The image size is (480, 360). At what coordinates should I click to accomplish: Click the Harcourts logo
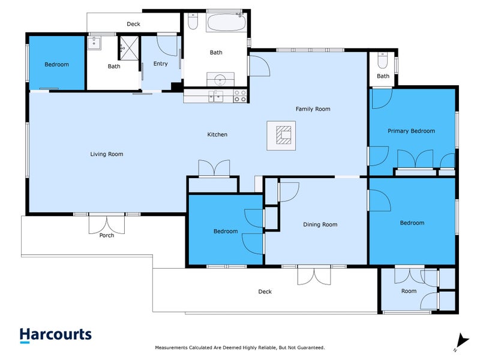56,335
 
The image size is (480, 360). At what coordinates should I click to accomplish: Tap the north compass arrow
462,341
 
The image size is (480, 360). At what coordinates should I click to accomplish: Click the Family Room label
313,109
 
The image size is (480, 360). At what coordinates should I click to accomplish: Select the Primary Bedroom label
411,131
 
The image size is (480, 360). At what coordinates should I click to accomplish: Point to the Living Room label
107,154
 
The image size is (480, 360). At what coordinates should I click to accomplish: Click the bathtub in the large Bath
226,22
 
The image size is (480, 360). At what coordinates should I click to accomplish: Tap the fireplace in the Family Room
281,136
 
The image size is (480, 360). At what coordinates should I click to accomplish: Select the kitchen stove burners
240,96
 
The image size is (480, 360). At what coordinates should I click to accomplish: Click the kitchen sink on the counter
216,96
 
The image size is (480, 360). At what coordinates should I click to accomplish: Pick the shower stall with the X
129,48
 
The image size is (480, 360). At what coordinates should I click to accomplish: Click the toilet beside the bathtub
193,21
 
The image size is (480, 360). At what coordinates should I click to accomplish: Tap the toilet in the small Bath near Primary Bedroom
383,61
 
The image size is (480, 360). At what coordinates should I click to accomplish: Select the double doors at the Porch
107,225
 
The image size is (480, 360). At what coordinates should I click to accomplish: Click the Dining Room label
320,224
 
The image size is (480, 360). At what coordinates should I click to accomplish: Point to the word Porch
107,235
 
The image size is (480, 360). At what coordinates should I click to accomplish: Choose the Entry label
160,64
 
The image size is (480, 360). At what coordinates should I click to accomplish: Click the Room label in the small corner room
409,291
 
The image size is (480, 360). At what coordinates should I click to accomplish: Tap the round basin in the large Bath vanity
220,80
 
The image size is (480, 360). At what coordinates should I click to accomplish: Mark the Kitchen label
217,134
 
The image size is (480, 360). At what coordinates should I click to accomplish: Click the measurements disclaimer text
239,347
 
